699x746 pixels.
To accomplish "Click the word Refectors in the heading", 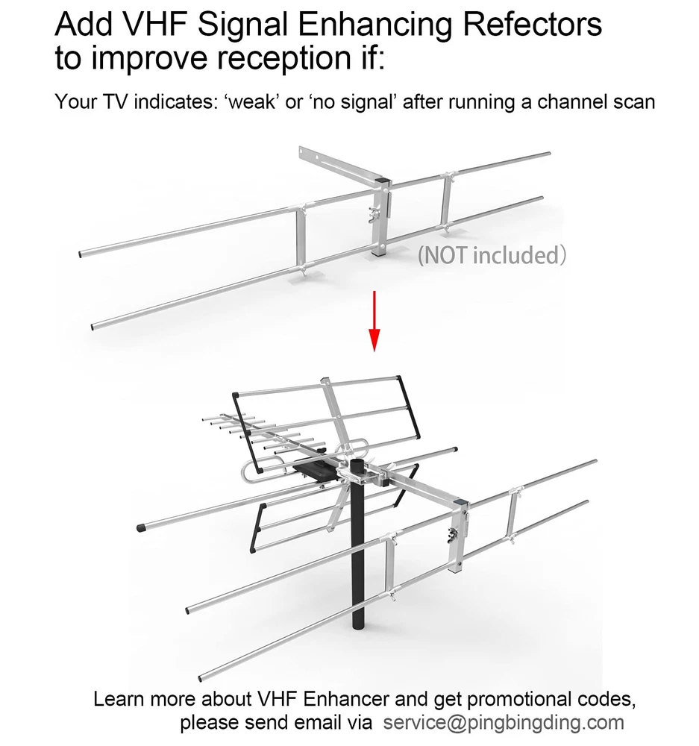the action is coord(532,25).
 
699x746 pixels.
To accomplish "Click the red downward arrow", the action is coord(374,321).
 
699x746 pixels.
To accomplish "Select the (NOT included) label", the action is coord(492,255).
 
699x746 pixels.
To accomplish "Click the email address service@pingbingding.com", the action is coord(504,722).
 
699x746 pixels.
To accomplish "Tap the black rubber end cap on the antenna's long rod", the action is coord(141,527).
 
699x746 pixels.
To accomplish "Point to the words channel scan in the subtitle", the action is coord(596,101).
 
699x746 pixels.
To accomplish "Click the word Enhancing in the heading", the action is coord(375,25).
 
